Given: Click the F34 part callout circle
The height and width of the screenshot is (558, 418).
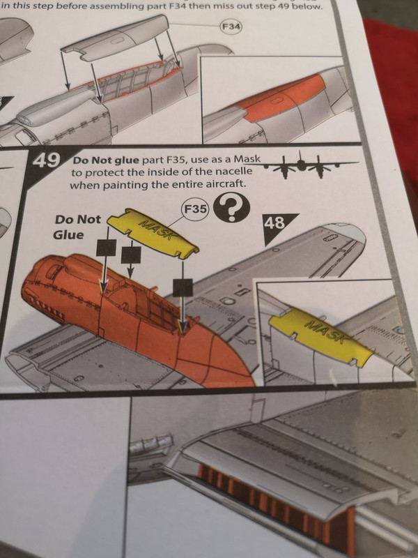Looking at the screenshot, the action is click(231, 27).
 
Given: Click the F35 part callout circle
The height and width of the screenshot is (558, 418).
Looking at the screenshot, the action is click(195, 209).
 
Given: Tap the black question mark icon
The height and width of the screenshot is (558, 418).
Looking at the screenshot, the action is click(231, 208).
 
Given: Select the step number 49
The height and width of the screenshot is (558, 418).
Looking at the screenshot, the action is click(47, 160).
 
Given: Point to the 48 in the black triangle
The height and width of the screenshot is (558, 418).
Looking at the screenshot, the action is click(275, 223).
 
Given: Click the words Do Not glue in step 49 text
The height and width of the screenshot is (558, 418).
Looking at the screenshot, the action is click(106, 160).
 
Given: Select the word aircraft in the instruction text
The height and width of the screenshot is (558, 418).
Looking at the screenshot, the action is click(226, 185).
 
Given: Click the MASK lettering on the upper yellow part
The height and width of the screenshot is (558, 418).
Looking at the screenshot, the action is click(155, 230).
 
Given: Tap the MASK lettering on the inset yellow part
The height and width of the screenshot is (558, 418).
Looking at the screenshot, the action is click(325, 333).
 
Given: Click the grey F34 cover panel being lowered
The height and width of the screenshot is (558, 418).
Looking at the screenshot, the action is click(117, 38).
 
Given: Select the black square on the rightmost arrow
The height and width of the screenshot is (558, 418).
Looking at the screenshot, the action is click(183, 287).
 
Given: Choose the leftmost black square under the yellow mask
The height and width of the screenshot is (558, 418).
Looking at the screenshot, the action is click(107, 248).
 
